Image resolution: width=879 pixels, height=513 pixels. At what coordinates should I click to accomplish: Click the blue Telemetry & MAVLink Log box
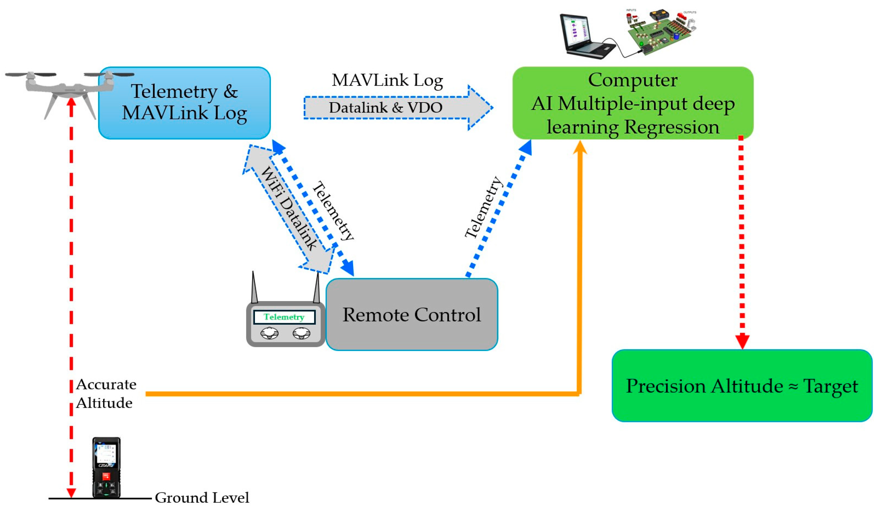click(184, 103)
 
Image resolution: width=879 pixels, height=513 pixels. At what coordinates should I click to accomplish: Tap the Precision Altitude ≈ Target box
click(742, 386)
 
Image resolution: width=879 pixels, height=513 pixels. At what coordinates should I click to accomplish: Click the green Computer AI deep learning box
click(633, 103)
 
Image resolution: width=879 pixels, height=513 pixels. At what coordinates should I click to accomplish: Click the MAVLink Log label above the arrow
click(387, 80)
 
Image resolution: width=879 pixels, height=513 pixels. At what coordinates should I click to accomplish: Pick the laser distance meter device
click(106, 467)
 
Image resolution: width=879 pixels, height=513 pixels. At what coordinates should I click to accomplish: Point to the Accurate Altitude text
click(106, 393)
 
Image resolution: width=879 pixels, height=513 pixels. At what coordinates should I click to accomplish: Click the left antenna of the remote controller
click(254, 288)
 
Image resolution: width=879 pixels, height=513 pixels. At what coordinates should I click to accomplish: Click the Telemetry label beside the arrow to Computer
click(484, 207)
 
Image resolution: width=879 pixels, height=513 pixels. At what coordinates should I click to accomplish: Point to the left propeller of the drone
click(31, 74)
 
